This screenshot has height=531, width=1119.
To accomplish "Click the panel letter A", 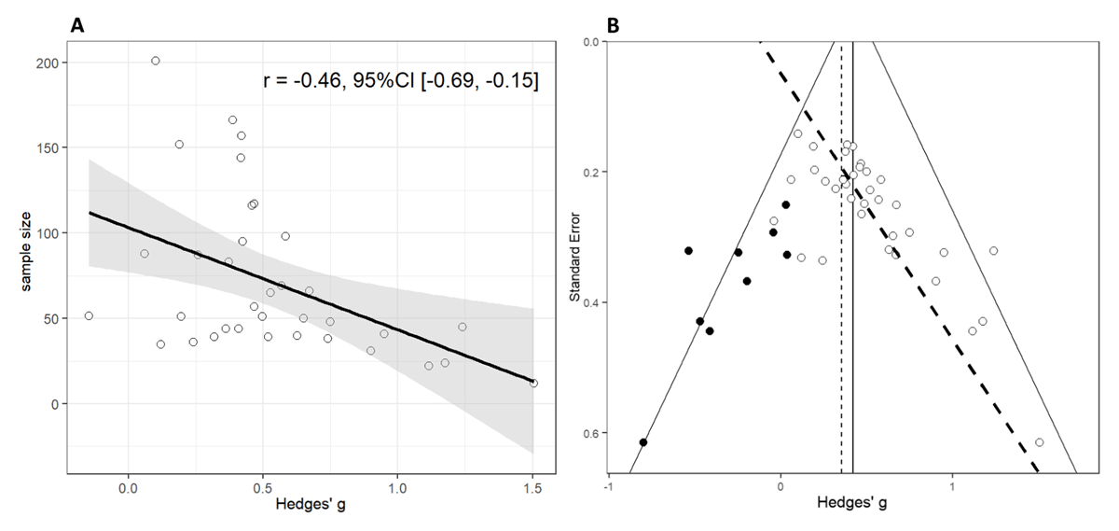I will tap(78, 26).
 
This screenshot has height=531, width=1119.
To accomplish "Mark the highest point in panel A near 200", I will tap(156, 61).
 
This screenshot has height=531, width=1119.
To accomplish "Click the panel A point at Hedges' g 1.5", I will tap(533, 383).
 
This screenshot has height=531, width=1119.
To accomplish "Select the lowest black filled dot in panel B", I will tap(643, 441).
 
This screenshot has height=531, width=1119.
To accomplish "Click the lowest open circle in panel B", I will tap(1039, 441).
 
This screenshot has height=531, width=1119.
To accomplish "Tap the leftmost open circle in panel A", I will tap(89, 315).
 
